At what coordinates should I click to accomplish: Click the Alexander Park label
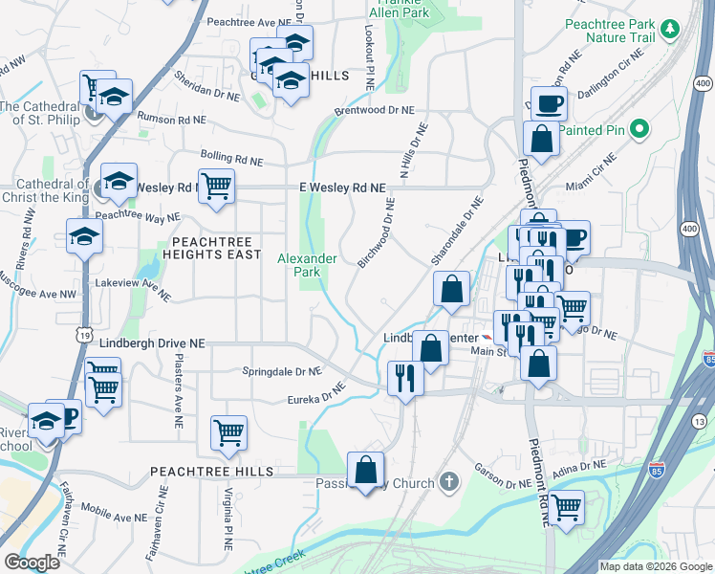307,265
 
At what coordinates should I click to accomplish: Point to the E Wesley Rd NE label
341,188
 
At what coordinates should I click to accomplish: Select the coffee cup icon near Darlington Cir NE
549,102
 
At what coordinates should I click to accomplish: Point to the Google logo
32,563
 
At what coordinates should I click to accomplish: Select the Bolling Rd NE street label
232,156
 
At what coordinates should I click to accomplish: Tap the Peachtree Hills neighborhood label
211,472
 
